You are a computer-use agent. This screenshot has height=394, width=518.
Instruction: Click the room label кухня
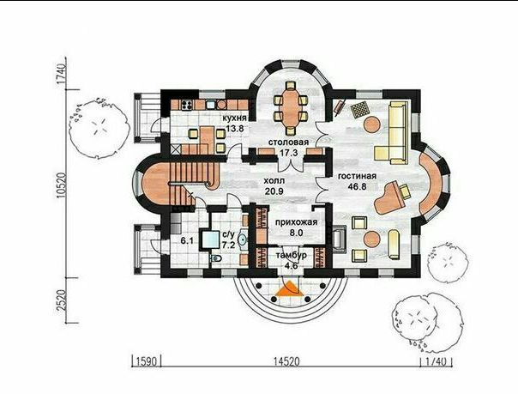pyautogui.click(x=234, y=118)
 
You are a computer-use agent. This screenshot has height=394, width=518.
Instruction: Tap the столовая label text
pyautogui.click(x=288, y=142)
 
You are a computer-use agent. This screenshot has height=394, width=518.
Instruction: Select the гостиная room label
pyautogui.click(x=357, y=176)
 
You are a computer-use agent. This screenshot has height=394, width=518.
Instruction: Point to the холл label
pyautogui.click(x=274, y=181)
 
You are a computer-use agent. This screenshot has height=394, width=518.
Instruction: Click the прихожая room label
pyautogui.click(x=297, y=222)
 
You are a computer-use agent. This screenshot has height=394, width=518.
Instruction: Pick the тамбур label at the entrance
pyautogui.click(x=291, y=256)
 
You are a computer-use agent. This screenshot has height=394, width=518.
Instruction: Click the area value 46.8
pyautogui.click(x=357, y=187)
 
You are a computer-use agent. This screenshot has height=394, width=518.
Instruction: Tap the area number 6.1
pyautogui.click(x=187, y=241)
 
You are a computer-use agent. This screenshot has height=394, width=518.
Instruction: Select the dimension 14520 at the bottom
pyautogui.click(x=286, y=361)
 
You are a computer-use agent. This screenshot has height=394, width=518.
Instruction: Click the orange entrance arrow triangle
pyautogui.click(x=290, y=288)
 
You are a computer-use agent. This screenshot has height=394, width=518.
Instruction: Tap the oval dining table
pyautogui.click(x=291, y=107)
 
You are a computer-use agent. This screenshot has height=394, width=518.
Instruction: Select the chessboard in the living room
pyautogui.click(x=359, y=109)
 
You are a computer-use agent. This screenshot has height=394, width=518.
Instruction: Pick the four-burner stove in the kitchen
pyautogui.click(x=187, y=105)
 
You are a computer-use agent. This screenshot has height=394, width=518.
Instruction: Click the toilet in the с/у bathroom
pyautogui.click(x=216, y=258)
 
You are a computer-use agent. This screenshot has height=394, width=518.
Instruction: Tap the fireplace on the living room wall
pyautogui.click(x=340, y=239)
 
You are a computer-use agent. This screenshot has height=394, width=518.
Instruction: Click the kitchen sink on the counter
pyautogui.click(x=211, y=105)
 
